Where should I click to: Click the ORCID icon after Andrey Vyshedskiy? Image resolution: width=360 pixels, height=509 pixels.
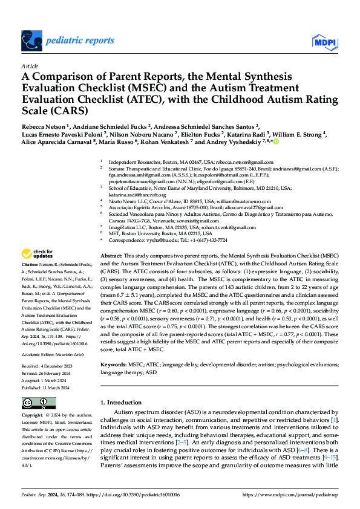coord(277,142)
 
